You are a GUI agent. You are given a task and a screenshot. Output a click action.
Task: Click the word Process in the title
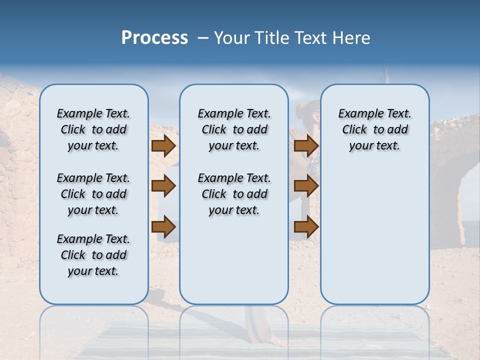[154, 38]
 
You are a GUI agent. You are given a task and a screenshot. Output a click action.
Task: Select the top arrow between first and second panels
[163, 146]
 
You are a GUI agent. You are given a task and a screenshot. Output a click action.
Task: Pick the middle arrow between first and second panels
[163, 186]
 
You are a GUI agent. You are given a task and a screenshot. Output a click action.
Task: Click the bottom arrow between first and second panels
[163, 227]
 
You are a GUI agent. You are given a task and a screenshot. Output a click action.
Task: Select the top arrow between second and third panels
[306, 146]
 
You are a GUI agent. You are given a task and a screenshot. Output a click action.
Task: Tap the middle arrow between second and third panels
[306, 186]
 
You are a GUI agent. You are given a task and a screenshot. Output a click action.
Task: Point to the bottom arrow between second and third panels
[306, 227]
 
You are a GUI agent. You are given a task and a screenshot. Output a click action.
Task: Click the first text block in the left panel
[93, 129]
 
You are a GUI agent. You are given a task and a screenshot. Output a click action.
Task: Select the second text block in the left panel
[93, 194]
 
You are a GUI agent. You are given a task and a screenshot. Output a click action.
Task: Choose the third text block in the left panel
[93, 255]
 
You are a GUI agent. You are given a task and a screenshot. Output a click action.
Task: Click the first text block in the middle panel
[234, 129]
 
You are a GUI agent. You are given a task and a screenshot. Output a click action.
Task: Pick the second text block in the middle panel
[234, 194]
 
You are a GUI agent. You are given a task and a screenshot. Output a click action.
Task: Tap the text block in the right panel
[374, 129]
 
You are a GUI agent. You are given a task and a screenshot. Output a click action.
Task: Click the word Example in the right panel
[358, 114]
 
